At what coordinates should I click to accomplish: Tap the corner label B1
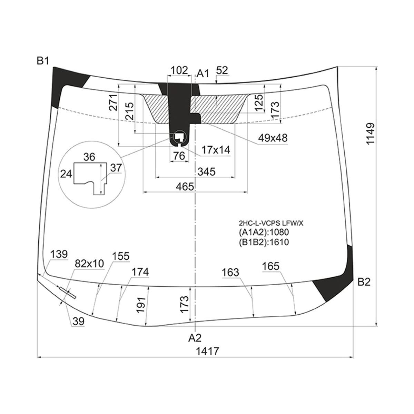click(43, 61)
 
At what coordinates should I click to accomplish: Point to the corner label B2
click(364, 282)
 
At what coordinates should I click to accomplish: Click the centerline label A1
click(203, 74)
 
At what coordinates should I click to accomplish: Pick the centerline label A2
click(195, 338)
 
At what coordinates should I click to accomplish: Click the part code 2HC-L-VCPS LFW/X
click(271, 224)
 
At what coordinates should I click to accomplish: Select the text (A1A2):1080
click(264, 232)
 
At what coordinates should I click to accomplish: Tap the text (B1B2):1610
click(264, 242)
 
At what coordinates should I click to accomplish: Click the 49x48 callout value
click(273, 138)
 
